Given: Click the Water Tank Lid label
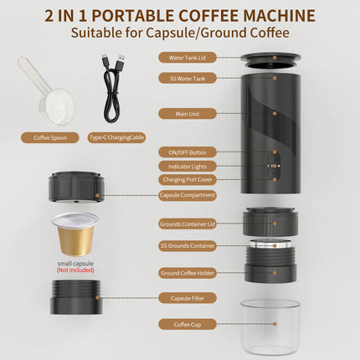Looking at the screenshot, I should [187, 58].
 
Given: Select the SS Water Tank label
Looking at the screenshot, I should [187, 78].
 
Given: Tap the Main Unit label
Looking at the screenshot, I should [187, 112].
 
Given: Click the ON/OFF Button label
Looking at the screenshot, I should [187, 152].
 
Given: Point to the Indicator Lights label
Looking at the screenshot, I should [187, 166].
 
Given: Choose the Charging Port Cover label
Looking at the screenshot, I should [187, 179].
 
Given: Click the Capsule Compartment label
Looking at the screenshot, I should [187, 195].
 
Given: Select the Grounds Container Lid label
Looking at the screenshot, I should [187, 224].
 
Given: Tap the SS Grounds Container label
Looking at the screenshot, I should [187, 246].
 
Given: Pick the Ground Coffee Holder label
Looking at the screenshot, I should [187, 272].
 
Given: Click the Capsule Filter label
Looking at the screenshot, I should [187, 297].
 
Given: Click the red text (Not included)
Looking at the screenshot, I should [75, 270].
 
